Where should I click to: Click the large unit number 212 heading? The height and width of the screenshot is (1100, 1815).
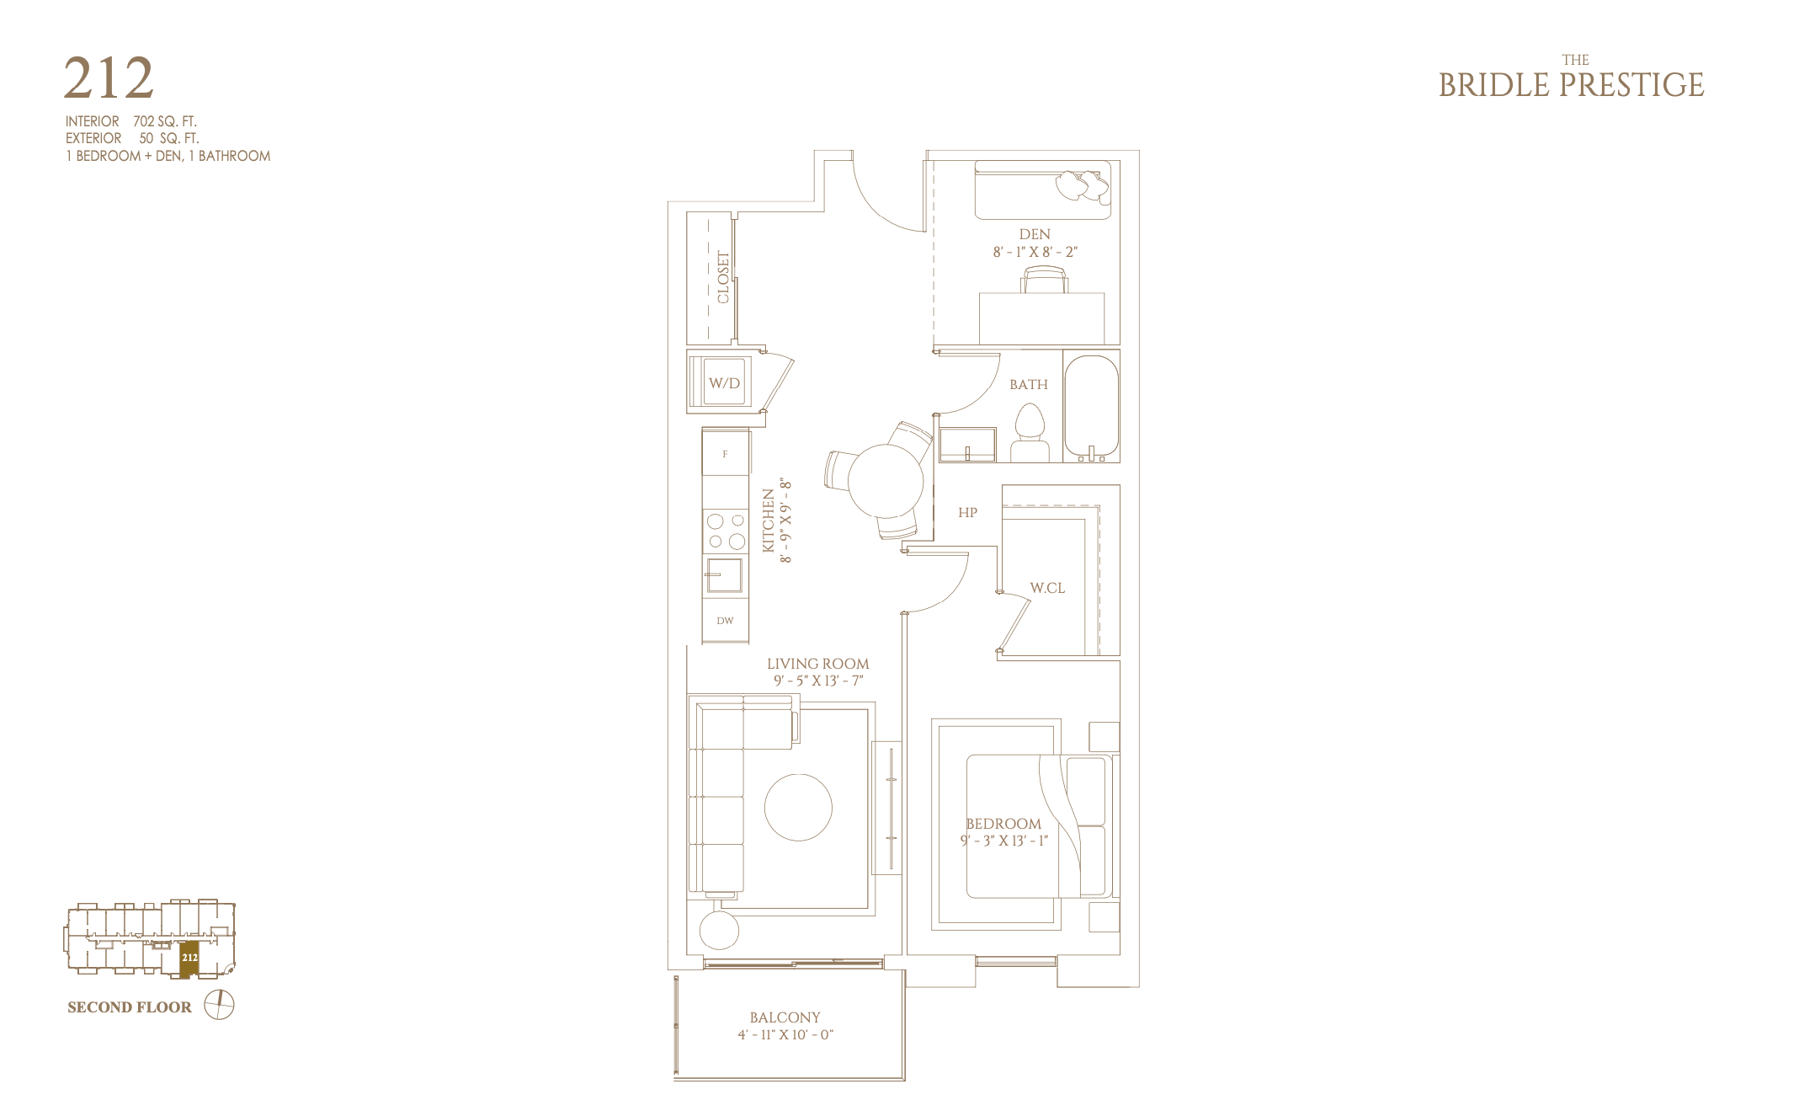tap(109, 78)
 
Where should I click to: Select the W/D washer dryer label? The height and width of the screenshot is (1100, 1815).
tap(724, 383)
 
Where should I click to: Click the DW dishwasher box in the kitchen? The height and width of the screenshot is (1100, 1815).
tap(725, 621)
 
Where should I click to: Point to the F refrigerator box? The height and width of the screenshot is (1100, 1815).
tap(726, 453)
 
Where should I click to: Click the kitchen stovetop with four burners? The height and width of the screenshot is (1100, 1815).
tap(726, 531)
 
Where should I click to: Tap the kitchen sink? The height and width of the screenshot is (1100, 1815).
tap(724, 575)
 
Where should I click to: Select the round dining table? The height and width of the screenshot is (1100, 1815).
tap(886, 481)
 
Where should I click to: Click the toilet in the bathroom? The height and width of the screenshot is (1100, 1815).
tap(1030, 433)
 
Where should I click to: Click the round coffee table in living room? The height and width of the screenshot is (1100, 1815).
tap(798, 807)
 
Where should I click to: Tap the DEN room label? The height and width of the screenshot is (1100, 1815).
tap(1035, 234)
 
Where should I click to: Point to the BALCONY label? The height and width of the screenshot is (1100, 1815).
tap(785, 1017)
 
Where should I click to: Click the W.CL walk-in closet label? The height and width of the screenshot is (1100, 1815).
tap(1047, 588)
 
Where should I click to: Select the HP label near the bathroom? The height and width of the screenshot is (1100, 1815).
tap(967, 512)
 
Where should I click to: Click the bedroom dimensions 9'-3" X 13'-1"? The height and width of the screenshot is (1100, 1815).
tap(1004, 841)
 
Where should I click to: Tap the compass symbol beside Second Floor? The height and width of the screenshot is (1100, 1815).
tap(219, 1005)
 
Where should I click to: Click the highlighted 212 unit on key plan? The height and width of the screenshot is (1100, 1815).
tap(189, 959)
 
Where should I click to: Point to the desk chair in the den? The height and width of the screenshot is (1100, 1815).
tap(1045, 280)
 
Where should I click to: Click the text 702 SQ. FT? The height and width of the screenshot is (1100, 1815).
tap(165, 121)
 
